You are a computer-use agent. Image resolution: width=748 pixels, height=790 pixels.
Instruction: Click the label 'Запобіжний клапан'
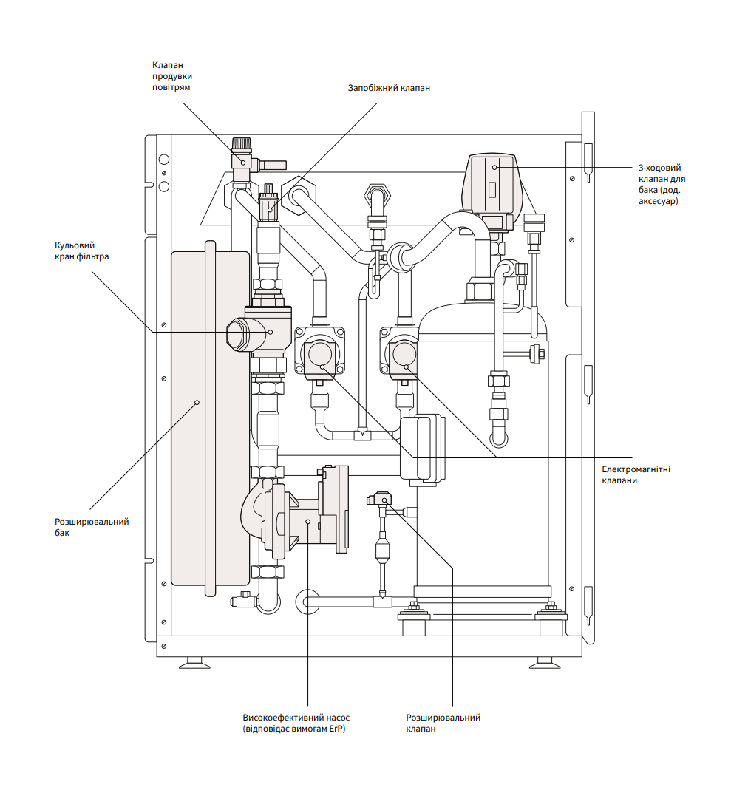[389, 88]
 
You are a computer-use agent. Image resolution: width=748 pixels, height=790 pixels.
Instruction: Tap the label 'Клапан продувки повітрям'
[173, 76]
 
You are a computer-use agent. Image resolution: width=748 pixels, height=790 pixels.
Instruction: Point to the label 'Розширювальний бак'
[92, 527]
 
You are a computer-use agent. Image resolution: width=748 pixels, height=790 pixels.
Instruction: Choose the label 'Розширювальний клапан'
[443, 723]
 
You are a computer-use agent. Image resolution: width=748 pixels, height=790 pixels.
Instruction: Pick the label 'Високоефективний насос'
[296, 718]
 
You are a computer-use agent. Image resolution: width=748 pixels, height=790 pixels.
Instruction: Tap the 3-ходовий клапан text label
[659, 185]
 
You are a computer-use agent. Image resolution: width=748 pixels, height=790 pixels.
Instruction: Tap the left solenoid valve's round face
[320, 355]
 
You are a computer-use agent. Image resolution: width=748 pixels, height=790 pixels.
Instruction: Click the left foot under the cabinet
[194, 662]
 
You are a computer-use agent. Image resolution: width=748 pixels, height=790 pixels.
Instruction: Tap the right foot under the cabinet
[545, 662]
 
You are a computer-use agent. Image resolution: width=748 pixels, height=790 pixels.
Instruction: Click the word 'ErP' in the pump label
[337, 729]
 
